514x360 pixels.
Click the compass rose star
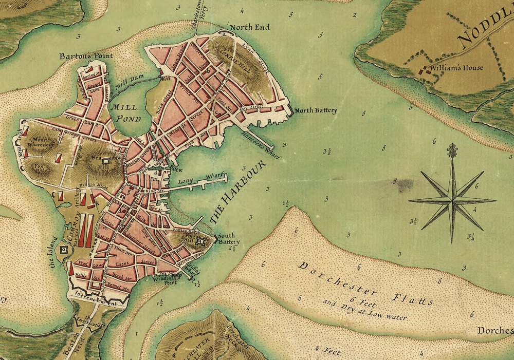click(452, 200)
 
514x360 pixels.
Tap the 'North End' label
click(249, 27)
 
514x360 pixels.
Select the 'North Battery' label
click(316, 110)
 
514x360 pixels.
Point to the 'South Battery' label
click(226, 238)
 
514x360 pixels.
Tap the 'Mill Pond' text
click(123, 113)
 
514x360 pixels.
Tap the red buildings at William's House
click(425, 71)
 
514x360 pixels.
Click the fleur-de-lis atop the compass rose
click(453, 150)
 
